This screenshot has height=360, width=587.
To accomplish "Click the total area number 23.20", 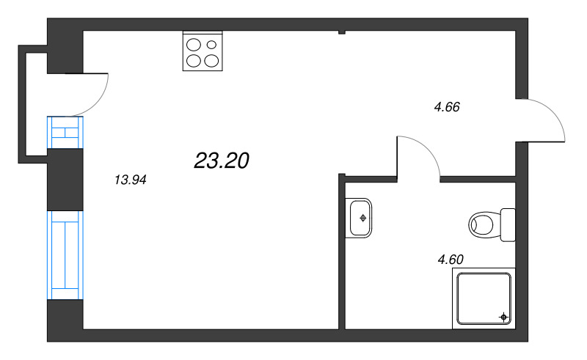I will tap(222, 161).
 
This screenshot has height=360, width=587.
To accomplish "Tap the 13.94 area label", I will tap(131, 180).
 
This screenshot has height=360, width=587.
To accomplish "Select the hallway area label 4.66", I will tap(446, 107).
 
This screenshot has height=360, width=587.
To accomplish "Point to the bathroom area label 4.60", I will tap(451, 258).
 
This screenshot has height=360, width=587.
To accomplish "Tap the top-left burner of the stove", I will tap(194, 45).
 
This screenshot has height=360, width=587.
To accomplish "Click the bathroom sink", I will tap(361, 217).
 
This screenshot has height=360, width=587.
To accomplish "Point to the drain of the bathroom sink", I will tap(364, 217).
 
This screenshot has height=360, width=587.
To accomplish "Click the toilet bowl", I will tap(484, 224).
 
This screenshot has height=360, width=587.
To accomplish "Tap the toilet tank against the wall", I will tap(508, 224).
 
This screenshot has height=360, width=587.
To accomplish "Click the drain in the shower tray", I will tap(503, 317).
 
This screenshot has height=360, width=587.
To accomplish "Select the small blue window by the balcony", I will tap(66, 132).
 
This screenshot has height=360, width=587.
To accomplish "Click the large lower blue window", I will tap(66, 255).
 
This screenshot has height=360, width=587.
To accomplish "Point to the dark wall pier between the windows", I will tap(66, 180).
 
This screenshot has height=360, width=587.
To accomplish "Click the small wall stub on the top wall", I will tap(341, 32).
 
